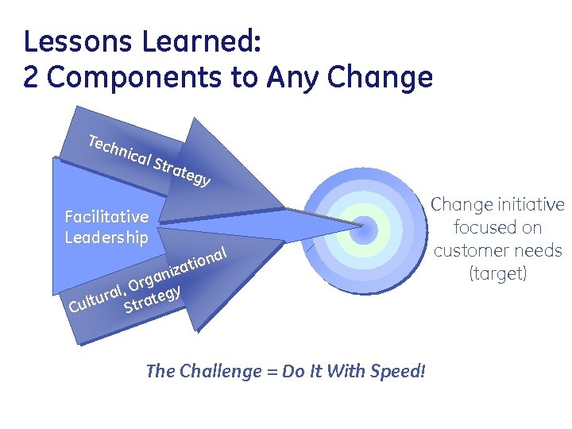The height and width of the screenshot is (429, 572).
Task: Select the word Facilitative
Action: tap(106, 216)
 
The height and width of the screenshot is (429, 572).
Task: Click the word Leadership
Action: tap(106, 237)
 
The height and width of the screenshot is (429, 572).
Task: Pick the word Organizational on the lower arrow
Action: tap(180, 270)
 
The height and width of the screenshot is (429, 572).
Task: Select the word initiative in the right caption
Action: tap(531, 205)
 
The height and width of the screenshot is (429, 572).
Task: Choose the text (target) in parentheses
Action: tap(497, 274)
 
